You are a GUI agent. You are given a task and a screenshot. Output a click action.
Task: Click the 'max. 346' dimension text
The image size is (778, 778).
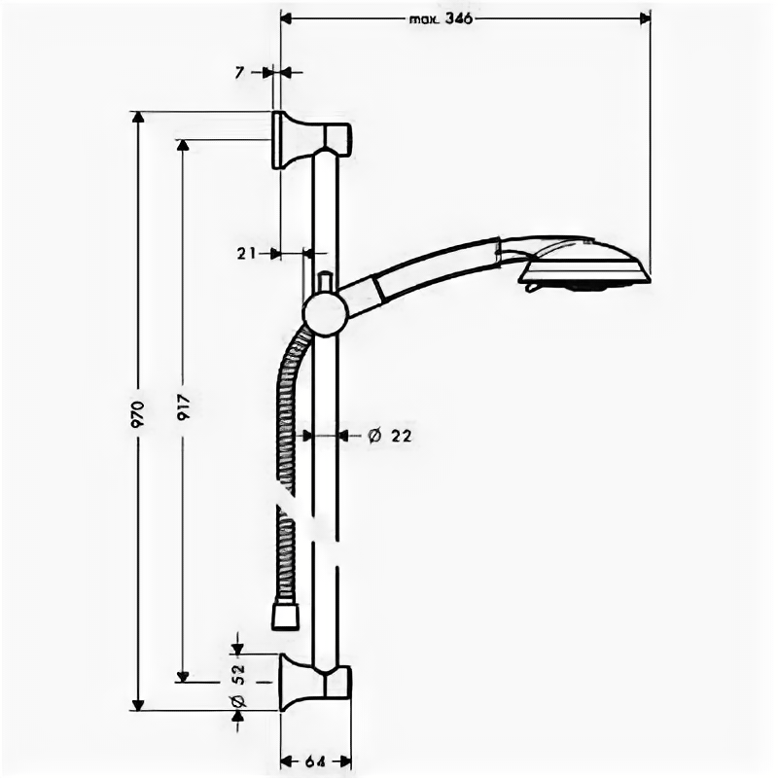click(440, 18)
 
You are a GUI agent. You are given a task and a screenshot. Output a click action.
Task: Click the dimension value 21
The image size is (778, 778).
click(245, 253)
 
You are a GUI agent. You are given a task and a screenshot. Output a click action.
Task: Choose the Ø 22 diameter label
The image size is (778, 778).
click(390, 436)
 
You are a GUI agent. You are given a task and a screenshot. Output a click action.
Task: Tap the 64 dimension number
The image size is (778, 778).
click(314, 760)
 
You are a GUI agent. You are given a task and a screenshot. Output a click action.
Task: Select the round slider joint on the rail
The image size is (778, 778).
click(325, 313)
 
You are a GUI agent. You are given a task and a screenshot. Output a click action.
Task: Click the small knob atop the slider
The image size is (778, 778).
click(325, 283)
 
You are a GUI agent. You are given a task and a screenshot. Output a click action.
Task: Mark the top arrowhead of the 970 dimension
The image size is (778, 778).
click(138, 118)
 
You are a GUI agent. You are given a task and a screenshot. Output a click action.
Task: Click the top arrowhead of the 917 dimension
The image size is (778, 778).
click(182, 145)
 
